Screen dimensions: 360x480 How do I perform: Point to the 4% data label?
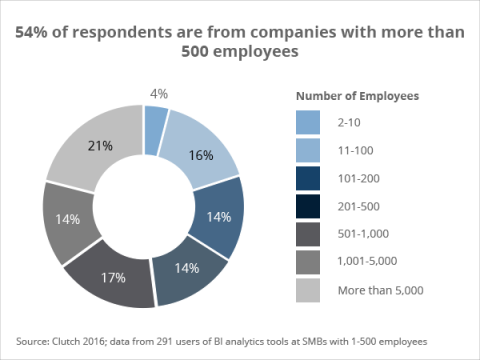[x=158, y=93]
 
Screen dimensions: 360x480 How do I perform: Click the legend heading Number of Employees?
[x=356, y=96]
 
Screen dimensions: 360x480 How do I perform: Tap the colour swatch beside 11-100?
[x=309, y=152]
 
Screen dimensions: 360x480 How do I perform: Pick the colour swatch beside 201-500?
[x=309, y=208]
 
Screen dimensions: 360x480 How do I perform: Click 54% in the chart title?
[x=33, y=32]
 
